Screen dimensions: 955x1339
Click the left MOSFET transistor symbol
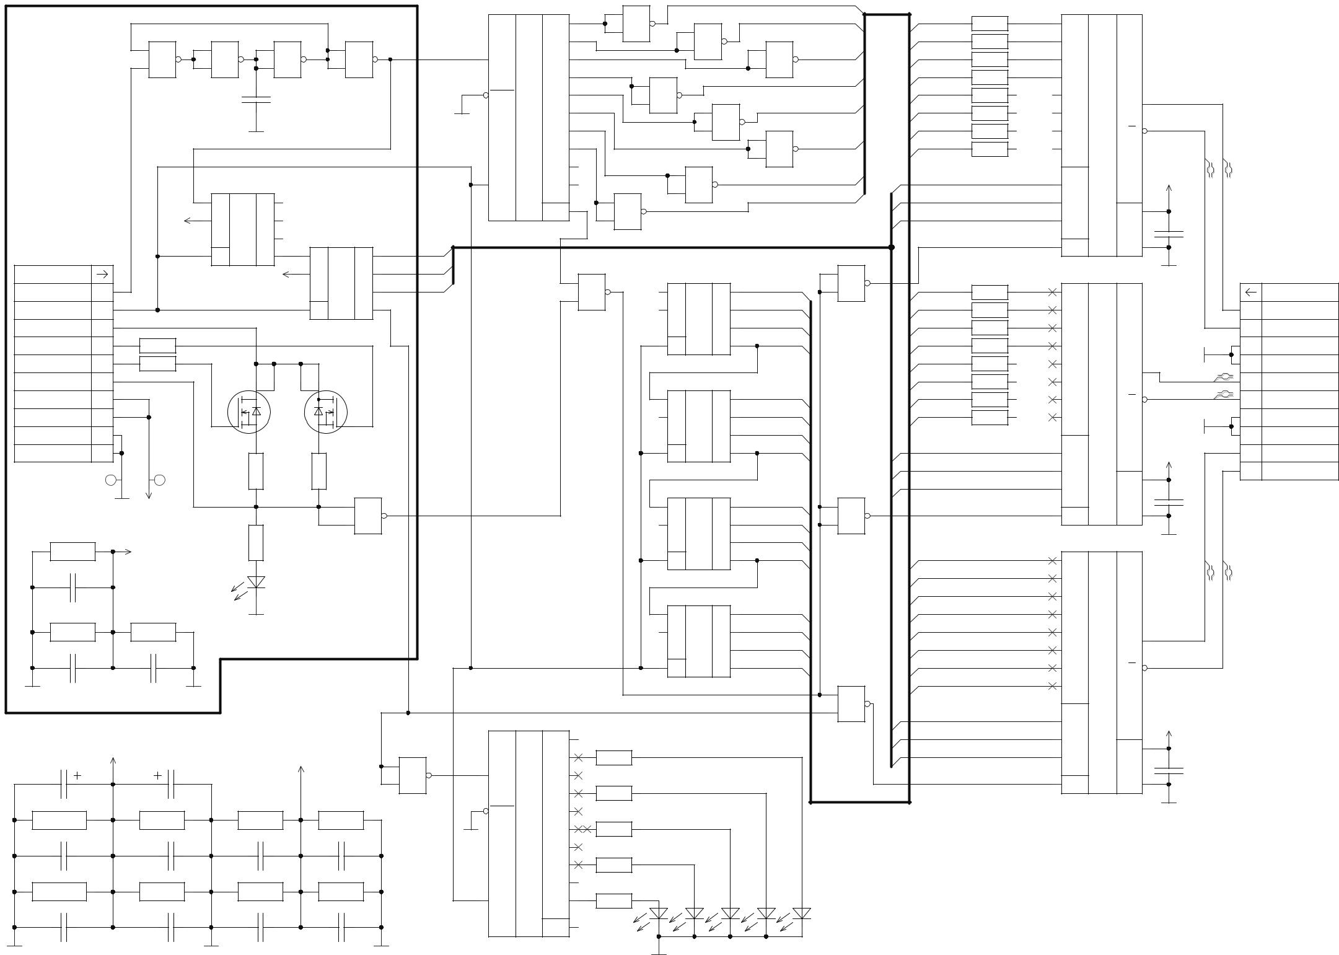point(249,412)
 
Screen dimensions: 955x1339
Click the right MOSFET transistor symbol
point(326,412)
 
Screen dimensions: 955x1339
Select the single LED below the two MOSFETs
point(256,583)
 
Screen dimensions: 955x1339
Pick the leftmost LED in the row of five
point(659,913)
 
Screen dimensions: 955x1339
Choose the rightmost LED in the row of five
point(802,913)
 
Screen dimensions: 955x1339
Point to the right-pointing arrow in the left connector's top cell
point(103,274)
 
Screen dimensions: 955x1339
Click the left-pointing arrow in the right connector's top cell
point(1250,292)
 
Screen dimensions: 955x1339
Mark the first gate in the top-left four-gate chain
point(162,59)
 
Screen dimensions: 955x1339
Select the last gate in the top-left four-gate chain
point(359,59)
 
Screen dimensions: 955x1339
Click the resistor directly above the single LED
point(256,543)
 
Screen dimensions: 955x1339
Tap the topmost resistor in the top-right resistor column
point(990,24)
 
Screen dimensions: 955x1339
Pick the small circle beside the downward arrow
point(159,480)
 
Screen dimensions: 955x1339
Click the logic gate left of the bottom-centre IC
point(413,775)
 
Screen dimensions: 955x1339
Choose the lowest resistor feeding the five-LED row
point(614,900)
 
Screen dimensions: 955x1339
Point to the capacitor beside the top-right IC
point(1169,234)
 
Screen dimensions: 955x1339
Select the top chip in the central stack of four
point(698,319)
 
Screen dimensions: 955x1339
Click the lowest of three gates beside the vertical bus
point(851,703)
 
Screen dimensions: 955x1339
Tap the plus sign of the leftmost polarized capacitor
point(77,775)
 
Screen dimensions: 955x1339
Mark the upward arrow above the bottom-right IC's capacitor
point(1169,735)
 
